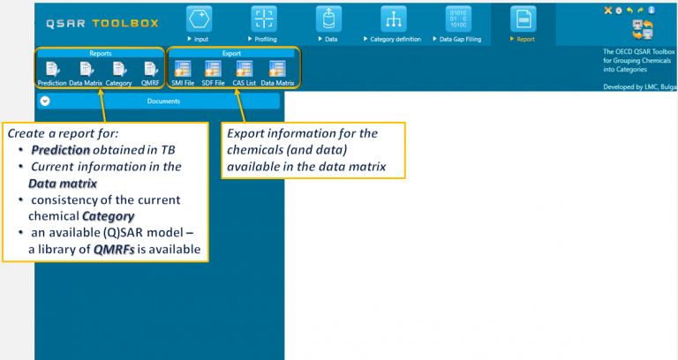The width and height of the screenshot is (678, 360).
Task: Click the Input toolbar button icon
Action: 200,19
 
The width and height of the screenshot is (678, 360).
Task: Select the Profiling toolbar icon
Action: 264,19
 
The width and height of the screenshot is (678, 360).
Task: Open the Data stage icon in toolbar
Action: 329,19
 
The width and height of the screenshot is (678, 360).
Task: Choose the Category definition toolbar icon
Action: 394,19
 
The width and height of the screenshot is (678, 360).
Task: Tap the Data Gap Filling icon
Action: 459,19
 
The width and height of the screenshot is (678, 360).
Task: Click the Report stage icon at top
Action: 524,19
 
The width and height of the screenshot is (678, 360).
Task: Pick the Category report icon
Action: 117,69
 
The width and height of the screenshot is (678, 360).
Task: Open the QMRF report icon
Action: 149,69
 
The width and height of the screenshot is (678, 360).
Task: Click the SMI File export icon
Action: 183,69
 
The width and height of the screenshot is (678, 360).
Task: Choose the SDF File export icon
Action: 214,69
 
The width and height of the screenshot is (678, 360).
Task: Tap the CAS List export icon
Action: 245,69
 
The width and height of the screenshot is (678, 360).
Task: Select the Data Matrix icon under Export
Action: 277,69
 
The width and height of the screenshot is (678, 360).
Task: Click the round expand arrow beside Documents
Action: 45,101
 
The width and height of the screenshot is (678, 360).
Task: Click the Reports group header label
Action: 101,53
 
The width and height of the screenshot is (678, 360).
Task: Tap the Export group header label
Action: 231,53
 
